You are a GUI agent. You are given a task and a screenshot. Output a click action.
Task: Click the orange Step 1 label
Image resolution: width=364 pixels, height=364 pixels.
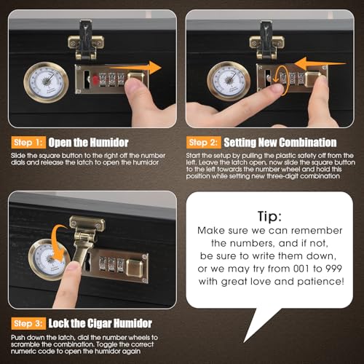pyautogui.click(x=28, y=143)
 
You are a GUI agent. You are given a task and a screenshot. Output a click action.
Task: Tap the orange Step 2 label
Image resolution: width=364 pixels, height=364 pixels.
pyautogui.click(x=204, y=143)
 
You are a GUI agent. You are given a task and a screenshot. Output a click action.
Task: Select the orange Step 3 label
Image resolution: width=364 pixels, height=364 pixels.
pyautogui.click(x=28, y=323)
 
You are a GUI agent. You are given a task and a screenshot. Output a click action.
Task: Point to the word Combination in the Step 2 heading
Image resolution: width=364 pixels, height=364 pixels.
pyautogui.click(x=308, y=143)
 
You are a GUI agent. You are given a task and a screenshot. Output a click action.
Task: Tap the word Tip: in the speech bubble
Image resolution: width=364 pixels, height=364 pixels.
pyautogui.click(x=269, y=216)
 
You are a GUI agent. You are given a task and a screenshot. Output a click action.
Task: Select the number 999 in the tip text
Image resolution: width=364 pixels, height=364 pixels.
pyautogui.click(x=333, y=269)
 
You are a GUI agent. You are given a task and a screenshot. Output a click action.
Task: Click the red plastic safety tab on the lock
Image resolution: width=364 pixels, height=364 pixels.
pyautogui.click(x=95, y=79)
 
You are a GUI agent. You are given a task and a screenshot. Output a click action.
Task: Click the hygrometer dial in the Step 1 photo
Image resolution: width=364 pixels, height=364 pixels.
pyautogui.click(x=46, y=82)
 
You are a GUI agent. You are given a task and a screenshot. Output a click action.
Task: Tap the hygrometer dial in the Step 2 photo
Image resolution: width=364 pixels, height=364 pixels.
pyautogui.click(x=228, y=82)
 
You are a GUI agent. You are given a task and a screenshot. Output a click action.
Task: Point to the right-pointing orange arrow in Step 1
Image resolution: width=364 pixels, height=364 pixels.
pyautogui.click(x=136, y=68)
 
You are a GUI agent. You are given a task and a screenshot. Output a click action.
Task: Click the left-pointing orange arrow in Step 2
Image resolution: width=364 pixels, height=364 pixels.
pyautogui.click(x=320, y=64)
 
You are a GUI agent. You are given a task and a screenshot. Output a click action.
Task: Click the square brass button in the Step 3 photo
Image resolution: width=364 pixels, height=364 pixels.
pyautogui.click(x=135, y=268)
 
